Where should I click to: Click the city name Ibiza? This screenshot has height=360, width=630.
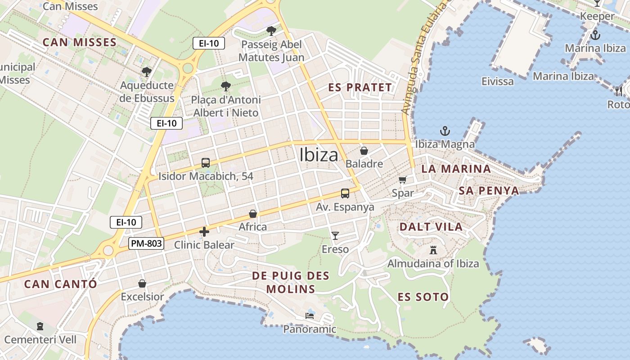[x=319, y=155]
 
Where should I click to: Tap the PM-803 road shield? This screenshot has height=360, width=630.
[x=146, y=244]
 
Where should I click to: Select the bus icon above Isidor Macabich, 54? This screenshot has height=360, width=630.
[x=205, y=163]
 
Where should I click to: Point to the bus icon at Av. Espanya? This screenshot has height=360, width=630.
[x=345, y=193]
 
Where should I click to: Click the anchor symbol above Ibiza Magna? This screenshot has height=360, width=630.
[x=445, y=131]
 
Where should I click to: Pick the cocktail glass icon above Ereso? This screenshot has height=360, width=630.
[x=335, y=235]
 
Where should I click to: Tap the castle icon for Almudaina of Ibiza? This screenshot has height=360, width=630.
[x=433, y=250]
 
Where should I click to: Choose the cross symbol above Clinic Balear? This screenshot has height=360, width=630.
[x=204, y=232]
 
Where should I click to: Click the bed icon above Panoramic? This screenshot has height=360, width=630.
[x=310, y=315]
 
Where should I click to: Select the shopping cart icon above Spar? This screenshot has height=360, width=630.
[x=402, y=180]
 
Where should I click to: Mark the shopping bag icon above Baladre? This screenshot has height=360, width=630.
[x=364, y=150]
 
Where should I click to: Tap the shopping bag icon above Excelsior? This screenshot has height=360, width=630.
[x=142, y=283]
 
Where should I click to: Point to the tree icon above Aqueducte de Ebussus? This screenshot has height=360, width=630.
[x=146, y=72]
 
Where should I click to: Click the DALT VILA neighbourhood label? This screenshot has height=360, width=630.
[x=431, y=227]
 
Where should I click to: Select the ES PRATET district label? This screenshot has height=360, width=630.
[x=360, y=88]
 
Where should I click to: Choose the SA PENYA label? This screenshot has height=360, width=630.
[x=489, y=191]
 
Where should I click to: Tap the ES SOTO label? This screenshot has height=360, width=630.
[x=423, y=297]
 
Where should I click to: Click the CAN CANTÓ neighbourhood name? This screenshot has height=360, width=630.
[x=60, y=284]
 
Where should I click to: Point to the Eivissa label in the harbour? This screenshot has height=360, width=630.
[x=497, y=81]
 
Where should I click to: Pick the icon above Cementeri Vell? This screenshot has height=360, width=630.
[x=40, y=326]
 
